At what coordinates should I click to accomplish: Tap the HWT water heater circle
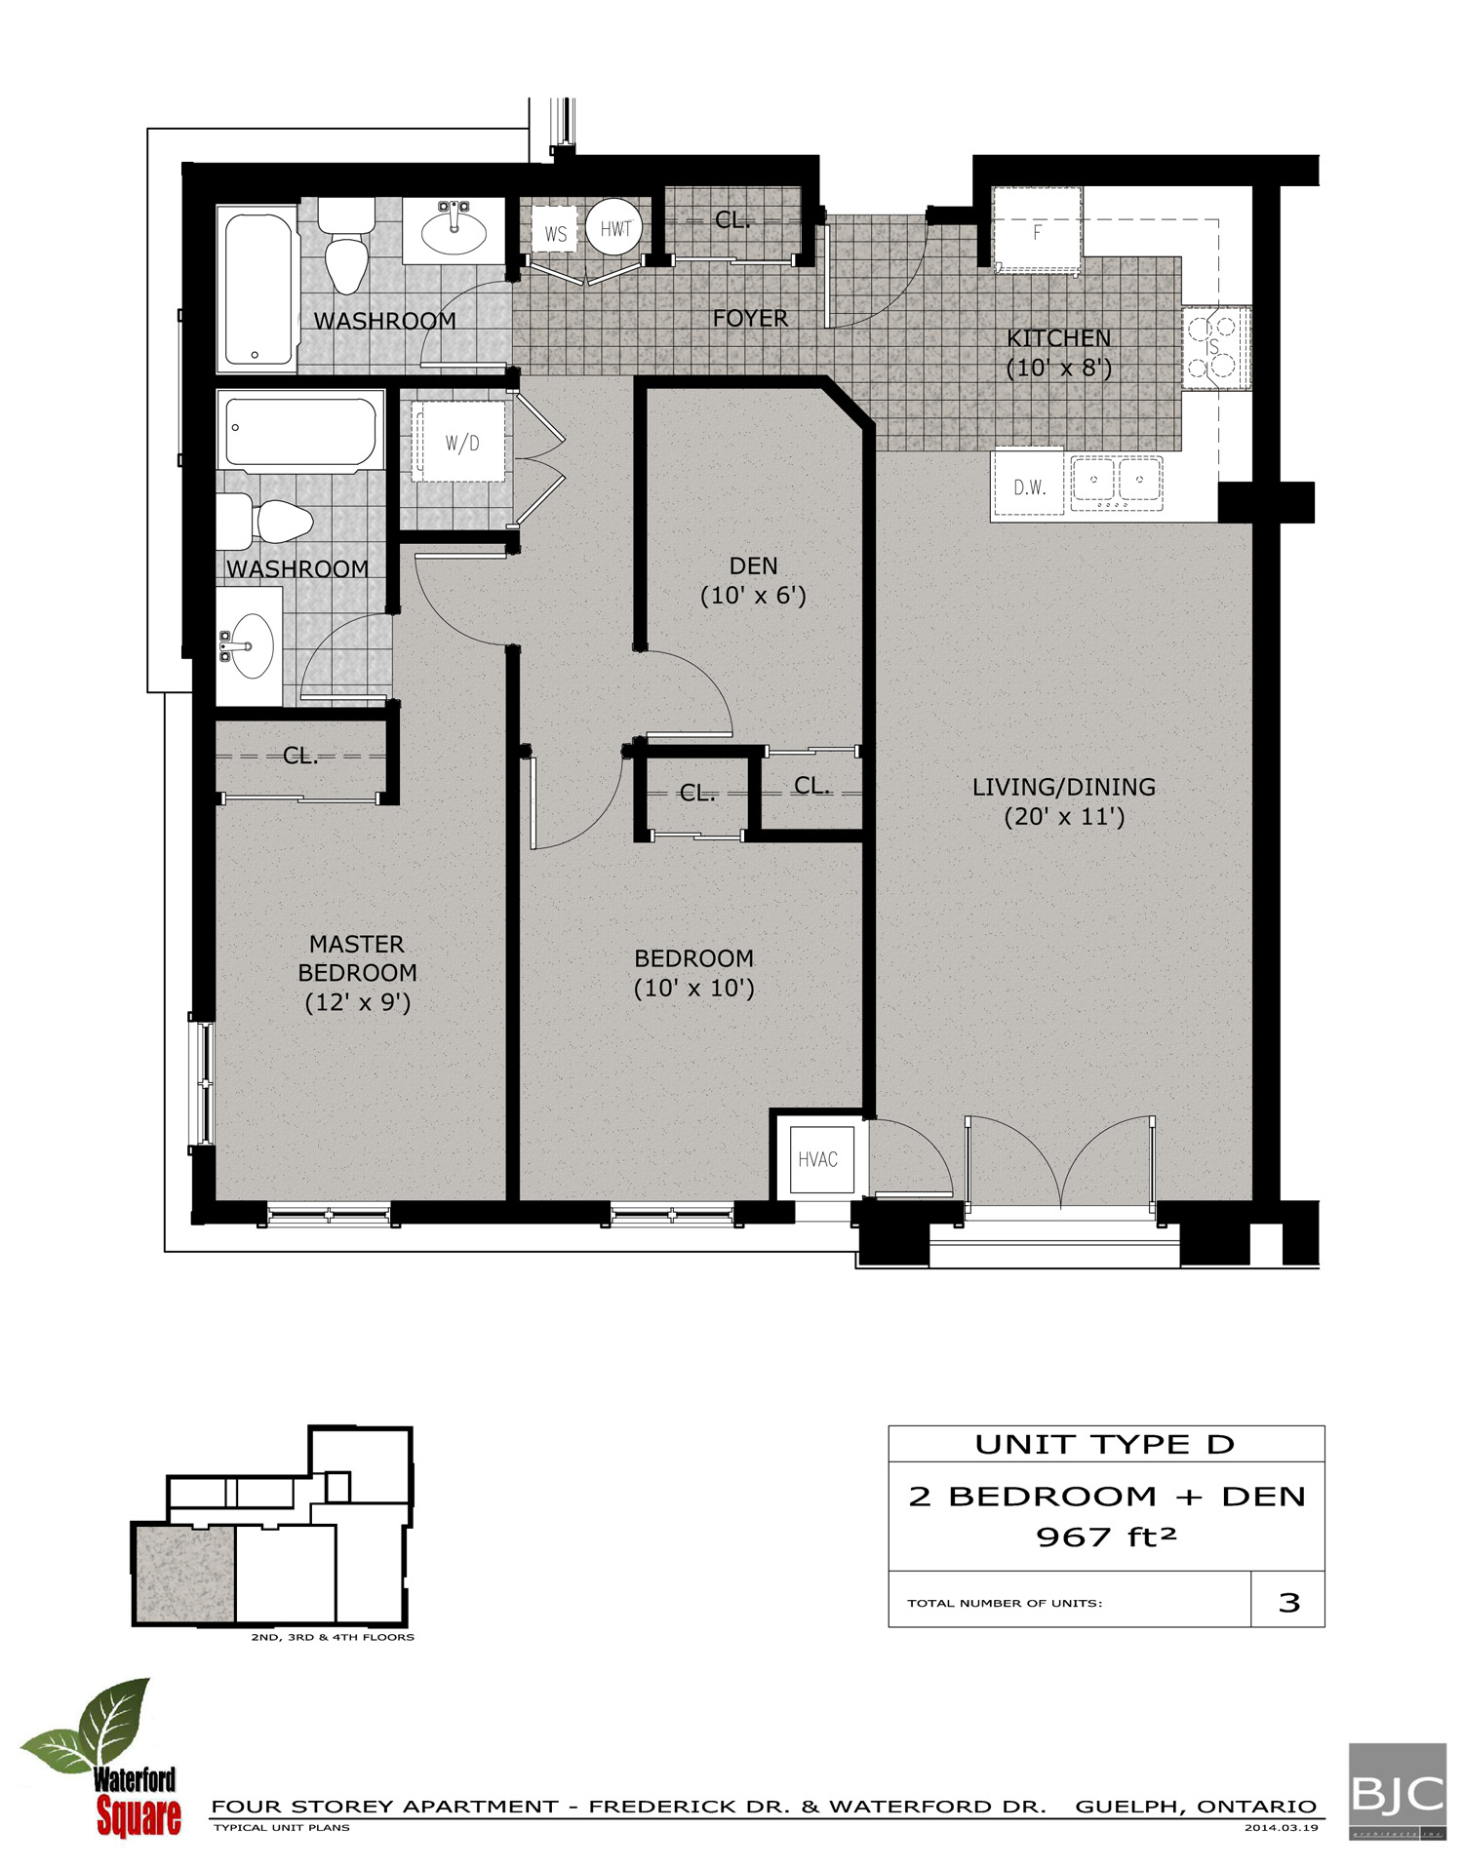(x=614, y=228)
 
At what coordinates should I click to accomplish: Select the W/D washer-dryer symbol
(x=461, y=443)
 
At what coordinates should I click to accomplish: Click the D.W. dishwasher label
(x=1028, y=486)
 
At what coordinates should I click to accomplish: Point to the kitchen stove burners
(x=1214, y=347)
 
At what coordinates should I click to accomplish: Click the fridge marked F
(x=1036, y=232)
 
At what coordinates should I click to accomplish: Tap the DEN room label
(x=753, y=566)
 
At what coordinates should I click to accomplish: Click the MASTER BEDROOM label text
(x=357, y=958)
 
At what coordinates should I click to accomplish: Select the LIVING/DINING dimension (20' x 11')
(x=1064, y=817)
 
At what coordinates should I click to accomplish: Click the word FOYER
(x=750, y=319)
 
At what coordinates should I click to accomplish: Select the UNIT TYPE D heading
(x=1105, y=1444)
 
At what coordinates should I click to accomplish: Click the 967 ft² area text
(x=1106, y=1537)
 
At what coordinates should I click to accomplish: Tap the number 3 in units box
(x=1288, y=1603)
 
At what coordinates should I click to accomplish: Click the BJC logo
(x=1397, y=1791)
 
